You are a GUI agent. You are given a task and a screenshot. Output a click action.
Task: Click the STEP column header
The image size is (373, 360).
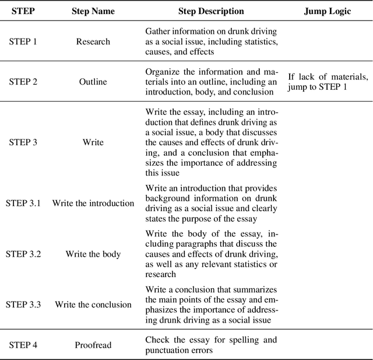(x=23, y=11)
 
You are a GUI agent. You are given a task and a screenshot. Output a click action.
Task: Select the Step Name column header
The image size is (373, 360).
(x=93, y=11)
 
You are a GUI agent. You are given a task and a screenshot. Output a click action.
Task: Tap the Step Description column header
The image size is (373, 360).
(x=211, y=11)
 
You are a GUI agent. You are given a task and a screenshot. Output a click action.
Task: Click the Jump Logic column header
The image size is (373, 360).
(x=328, y=11)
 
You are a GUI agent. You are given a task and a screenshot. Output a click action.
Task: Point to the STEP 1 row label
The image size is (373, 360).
(x=23, y=42)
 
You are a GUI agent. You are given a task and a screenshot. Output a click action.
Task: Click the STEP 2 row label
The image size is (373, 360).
(x=23, y=82)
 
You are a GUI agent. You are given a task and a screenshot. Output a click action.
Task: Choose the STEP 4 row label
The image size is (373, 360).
(x=23, y=345)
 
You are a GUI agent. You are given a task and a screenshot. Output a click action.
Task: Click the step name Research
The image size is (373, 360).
(x=93, y=42)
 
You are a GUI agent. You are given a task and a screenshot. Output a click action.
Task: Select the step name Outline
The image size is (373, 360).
(x=93, y=82)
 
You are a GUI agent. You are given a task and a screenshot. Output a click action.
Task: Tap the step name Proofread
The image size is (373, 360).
(x=93, y=345)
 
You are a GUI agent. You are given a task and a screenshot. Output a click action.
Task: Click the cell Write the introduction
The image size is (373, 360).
(x=93, y=203)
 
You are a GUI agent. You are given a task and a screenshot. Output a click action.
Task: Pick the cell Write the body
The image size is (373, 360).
(x=93, y=254)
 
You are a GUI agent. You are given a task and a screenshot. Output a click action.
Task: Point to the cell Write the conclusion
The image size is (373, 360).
(x=93, y=305)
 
